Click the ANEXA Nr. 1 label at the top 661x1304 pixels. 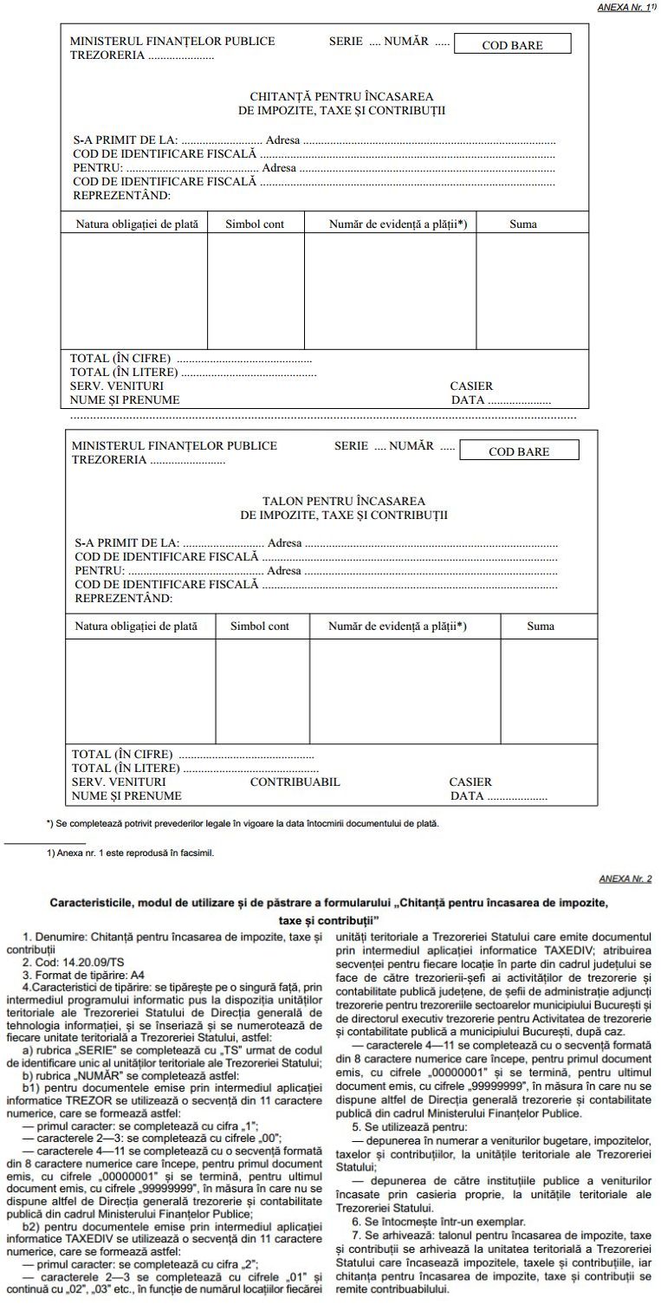click(x=623, y=6)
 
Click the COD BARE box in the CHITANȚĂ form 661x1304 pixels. click(x=513, y=45)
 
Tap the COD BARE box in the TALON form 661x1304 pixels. click(x=518, y=451)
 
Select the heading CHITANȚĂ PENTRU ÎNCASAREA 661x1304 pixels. click(x=341, y=96)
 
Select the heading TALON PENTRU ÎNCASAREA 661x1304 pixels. click(x=343, y=502)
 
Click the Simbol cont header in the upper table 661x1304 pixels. click(x=255, y=224)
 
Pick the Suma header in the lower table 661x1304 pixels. click(x=541, y=626)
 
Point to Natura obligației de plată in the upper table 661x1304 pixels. click(x=137, y=224)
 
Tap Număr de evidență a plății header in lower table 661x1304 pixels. click(x=397, y=626)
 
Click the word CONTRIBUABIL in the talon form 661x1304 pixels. click(x=295, y=782)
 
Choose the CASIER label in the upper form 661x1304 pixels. click(x=471, y=386)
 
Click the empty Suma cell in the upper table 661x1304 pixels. click(x=523, y=290)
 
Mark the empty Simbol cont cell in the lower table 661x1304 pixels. click(x=262, y=691)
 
